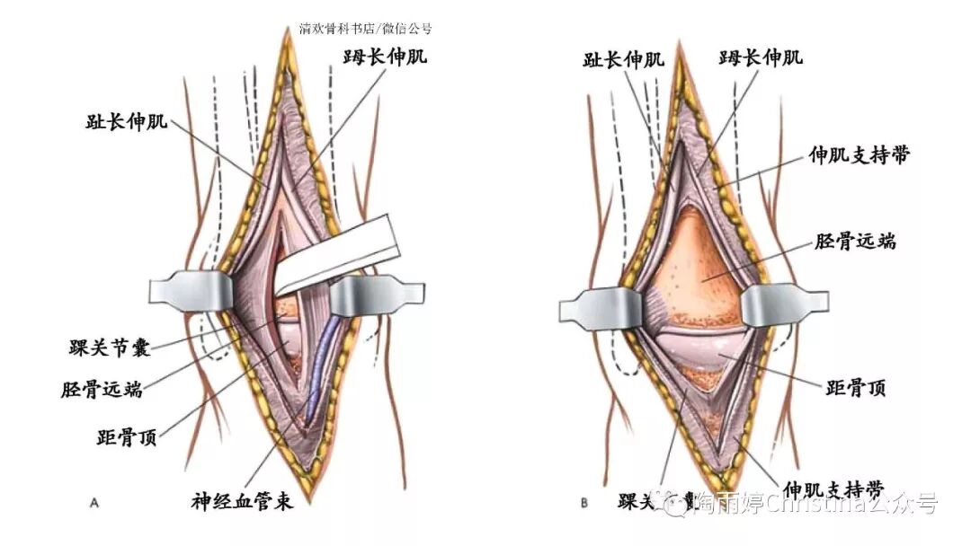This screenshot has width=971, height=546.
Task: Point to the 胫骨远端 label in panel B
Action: [x=855, y=242]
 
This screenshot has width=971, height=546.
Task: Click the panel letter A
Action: [x=94, y=504]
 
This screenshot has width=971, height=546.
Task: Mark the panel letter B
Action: [x=584, y=504]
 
